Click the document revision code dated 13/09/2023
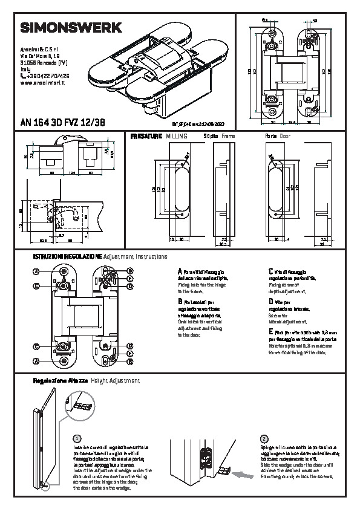click(201, 122)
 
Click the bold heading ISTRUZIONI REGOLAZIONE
click(67, 257)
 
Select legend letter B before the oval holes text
click(180, 300)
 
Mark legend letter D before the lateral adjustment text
click(270, 300)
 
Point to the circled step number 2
click(264, 438)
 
